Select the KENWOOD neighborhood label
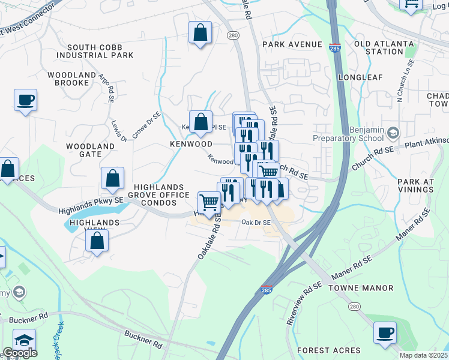191,145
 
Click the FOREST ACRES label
328,350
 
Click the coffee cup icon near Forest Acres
385,332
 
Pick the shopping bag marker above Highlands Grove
112,178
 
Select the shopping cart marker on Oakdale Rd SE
209,202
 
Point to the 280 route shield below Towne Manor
354,307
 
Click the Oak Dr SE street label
256,223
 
